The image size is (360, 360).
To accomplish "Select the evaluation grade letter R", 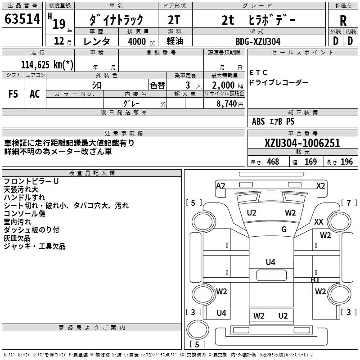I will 343,20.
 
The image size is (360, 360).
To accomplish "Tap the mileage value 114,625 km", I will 47,64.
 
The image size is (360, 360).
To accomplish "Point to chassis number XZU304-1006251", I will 302,143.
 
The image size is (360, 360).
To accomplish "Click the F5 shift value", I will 13,94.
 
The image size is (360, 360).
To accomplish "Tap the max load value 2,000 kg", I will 225,85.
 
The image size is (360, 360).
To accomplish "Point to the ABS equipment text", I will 258,121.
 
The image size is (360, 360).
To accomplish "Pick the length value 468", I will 273,162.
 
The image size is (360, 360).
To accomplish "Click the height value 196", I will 347,162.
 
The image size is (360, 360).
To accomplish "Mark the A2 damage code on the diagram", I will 220,185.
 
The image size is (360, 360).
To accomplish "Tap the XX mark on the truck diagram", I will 319,221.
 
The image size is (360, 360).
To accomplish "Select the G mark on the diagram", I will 284,229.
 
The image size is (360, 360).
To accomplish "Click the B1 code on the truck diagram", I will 315,280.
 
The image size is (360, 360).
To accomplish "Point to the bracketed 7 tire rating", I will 349,202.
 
